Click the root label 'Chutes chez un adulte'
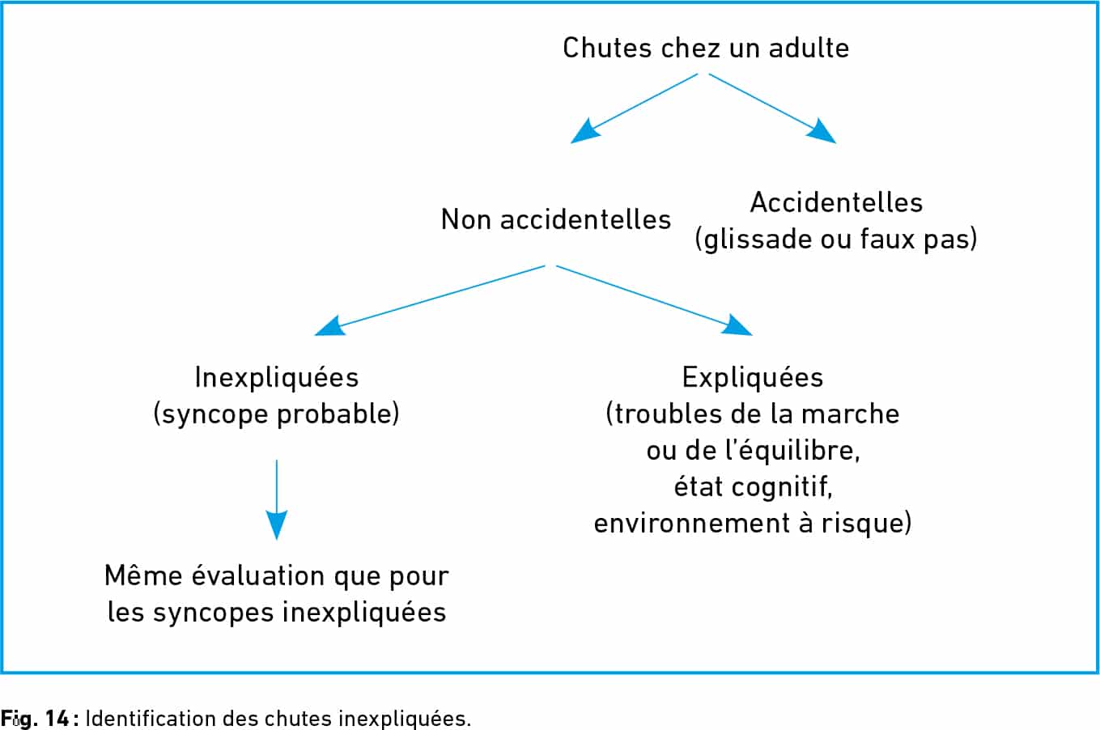(706, 48)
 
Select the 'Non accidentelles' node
(556, 219)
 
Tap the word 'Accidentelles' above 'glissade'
(836, 202)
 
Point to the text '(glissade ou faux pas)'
(836, 240)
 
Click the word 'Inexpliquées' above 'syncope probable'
(277, 378)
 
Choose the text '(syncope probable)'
(277, 414)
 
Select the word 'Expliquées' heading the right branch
(752, 378)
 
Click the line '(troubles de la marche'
(752, 414)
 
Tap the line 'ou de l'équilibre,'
(753, 450)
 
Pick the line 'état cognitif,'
(753, 487)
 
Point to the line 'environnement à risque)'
(753, 523)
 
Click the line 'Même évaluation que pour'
(277, 576)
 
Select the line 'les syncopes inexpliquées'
(277, 612)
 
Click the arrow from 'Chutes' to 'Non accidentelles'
(634, 108)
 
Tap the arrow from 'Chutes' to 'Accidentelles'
(772, 108)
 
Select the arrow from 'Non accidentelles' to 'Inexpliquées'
(430, 300)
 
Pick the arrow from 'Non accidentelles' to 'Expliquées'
(655, 300)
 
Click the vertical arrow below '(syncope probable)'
(277, 500)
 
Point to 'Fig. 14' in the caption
(35, 719)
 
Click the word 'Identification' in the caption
(151, 718)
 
